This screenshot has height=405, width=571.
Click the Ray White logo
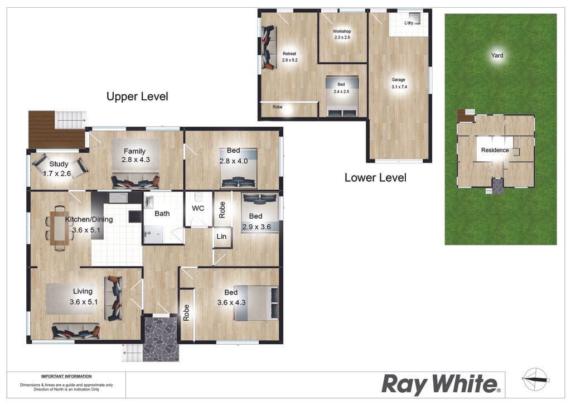coord(441,384)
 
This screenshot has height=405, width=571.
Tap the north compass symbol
coord(535,379)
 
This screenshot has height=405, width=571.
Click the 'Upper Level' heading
coord(137,97)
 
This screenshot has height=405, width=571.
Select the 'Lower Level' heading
coord(375,178)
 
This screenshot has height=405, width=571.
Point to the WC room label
coord(198,208)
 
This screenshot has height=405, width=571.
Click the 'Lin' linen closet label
coord(221,237)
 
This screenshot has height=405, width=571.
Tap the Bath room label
coord(162,214)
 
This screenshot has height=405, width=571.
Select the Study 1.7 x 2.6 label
coord(57,168)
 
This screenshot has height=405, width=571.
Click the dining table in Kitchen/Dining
coord(59,228)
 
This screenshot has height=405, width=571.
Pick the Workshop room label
coord(342,34)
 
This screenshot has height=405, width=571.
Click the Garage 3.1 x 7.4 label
coord(399,83)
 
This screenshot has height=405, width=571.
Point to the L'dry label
coord(409,23)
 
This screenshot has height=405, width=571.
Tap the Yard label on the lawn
coord(497,55)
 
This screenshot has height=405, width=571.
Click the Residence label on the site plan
coord(495,150)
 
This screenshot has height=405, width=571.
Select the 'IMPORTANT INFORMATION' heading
coord(66,376)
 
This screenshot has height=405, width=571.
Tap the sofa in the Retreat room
coord(269,48)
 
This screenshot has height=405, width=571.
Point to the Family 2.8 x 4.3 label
coord(135,155)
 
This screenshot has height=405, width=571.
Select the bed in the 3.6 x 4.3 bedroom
coord(257,303)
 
